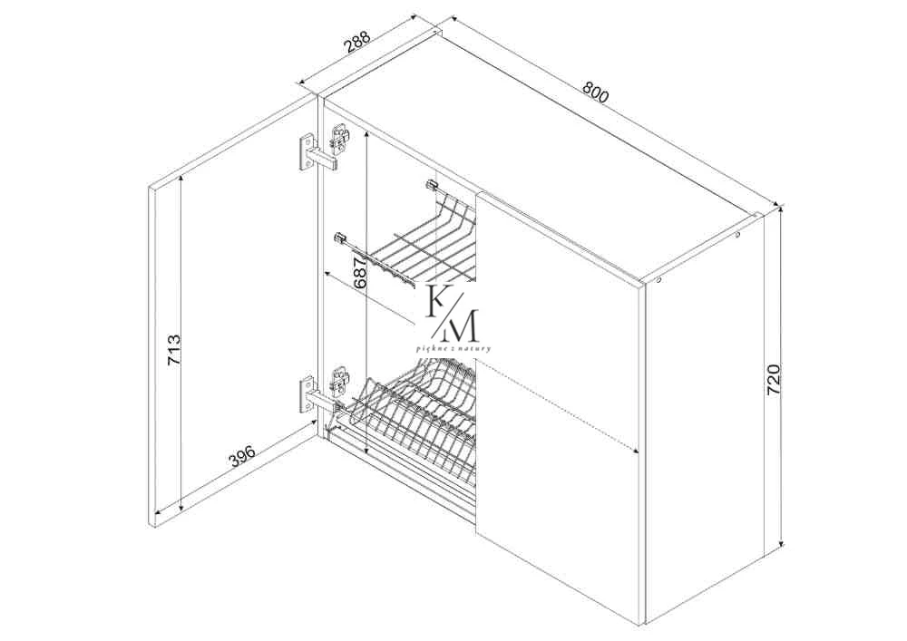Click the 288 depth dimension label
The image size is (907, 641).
pyautogui.click(x=357, y=43)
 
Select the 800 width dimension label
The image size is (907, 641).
pyautogui.click(x=596, y=92)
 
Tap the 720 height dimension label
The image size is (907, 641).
pyautogui.click(x=774, y=380)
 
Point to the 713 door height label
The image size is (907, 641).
pyautogui.click(x=174, y=350)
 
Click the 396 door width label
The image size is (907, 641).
pyautogui.click(x=242, y=453)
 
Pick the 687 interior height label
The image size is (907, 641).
pyautogui.click(x=359, y=273)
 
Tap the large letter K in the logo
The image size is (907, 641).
pyautogui.click(x=438, y=301)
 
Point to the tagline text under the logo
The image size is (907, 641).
pyautogui.click(x=453, y=348)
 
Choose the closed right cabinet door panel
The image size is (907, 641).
pyautogui.click(x=559, y=407)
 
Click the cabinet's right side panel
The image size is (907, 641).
pyautogui.click(x=703, y=419)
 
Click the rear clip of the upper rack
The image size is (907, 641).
pyautogui.click(x=431, y=186)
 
